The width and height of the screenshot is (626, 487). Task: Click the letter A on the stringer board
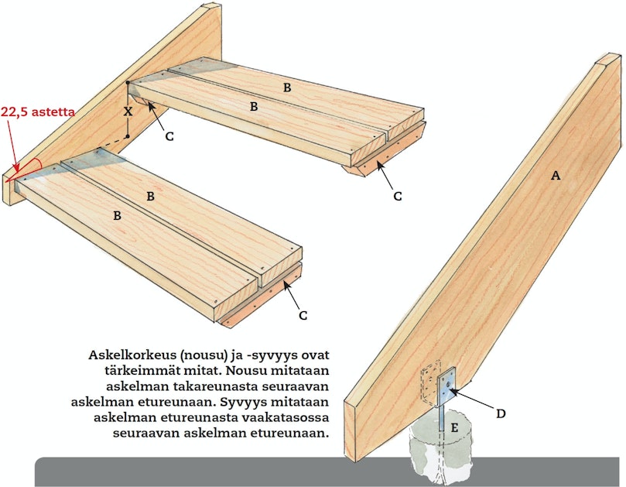[556, 175]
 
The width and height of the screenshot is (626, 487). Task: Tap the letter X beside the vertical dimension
[128, 111]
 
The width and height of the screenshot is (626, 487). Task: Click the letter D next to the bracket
[501, 413]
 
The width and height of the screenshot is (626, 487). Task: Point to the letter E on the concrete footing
[454, 428]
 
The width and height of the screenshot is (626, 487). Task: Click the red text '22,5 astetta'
[37, 111]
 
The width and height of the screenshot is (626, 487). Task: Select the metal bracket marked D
[446, 388]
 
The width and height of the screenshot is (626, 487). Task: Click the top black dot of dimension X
[128, 83]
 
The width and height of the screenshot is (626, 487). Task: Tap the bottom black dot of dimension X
[128, 136]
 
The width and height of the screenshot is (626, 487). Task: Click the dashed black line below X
[116, 141]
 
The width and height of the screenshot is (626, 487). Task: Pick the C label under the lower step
[303, 316]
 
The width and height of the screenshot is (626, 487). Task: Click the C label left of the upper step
[169, 136]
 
